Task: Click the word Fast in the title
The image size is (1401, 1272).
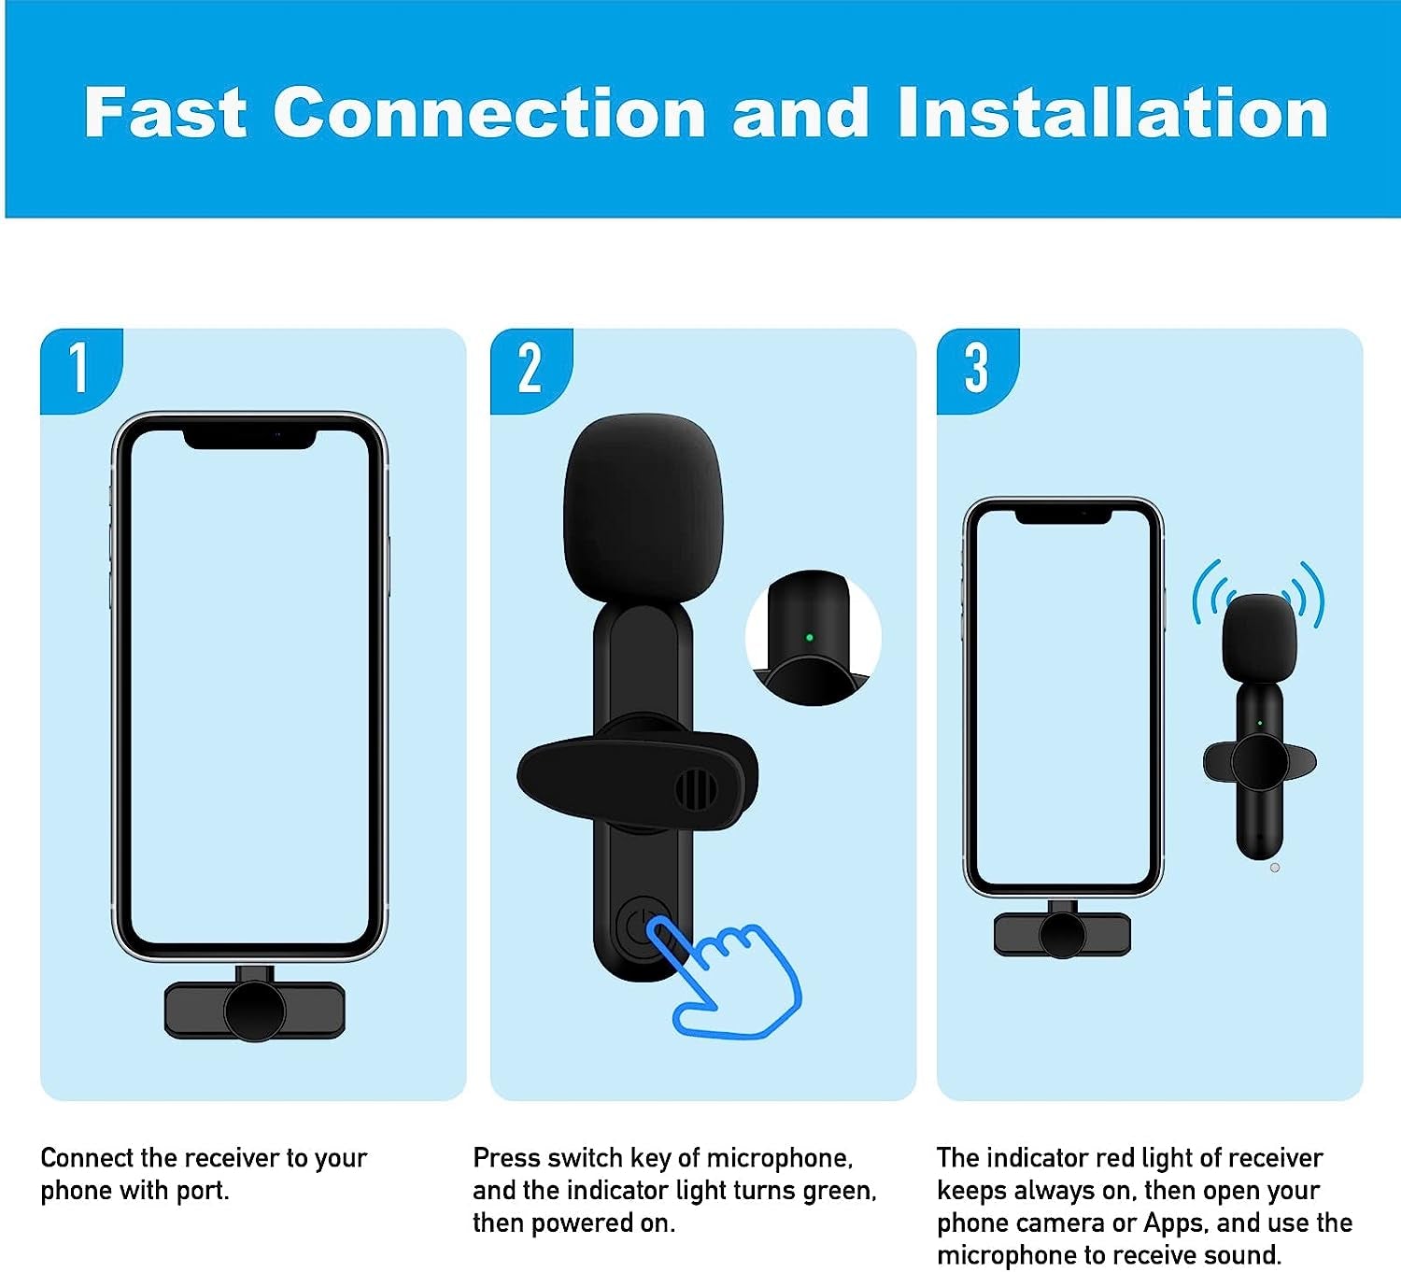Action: tap(165, 113)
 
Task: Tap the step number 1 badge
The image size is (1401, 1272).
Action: tap(79, 368)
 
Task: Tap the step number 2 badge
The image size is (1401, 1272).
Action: tap(530, 368)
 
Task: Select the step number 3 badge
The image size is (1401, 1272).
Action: tap(976, 368)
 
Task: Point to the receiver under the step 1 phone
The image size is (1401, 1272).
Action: tap(254, 1010)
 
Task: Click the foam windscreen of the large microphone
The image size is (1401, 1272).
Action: tap(642, 511)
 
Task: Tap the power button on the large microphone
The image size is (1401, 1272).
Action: tap(638, 926)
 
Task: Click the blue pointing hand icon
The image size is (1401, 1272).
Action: tap(733, 981)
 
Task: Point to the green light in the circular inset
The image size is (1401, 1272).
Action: tap(809, 638)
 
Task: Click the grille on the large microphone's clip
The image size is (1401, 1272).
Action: tap(695, 790)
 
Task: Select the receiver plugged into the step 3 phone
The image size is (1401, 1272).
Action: tap(1062, 933)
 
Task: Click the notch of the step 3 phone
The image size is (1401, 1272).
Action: tap(1063, 515)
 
